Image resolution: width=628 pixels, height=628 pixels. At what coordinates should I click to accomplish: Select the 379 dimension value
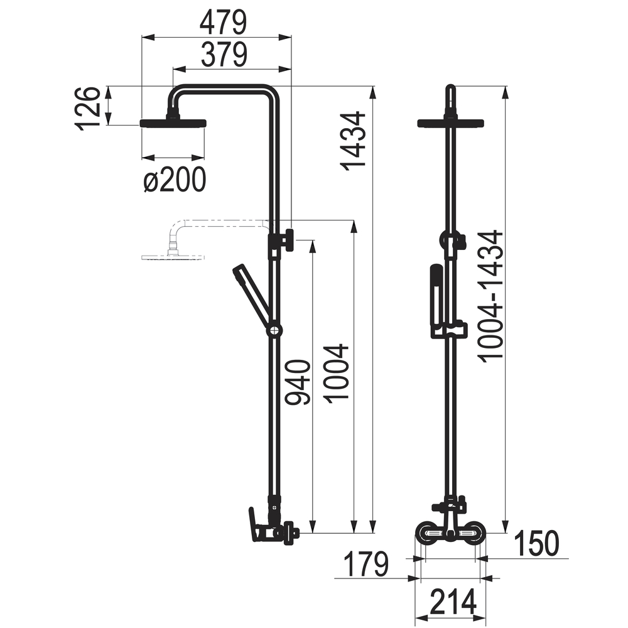point(224,55)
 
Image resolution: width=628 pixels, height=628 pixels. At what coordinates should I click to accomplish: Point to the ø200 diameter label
point(175,180)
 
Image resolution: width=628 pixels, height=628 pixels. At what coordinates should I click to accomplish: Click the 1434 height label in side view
point(353,141)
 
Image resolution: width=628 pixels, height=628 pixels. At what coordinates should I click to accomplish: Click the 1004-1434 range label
point(490,296)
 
